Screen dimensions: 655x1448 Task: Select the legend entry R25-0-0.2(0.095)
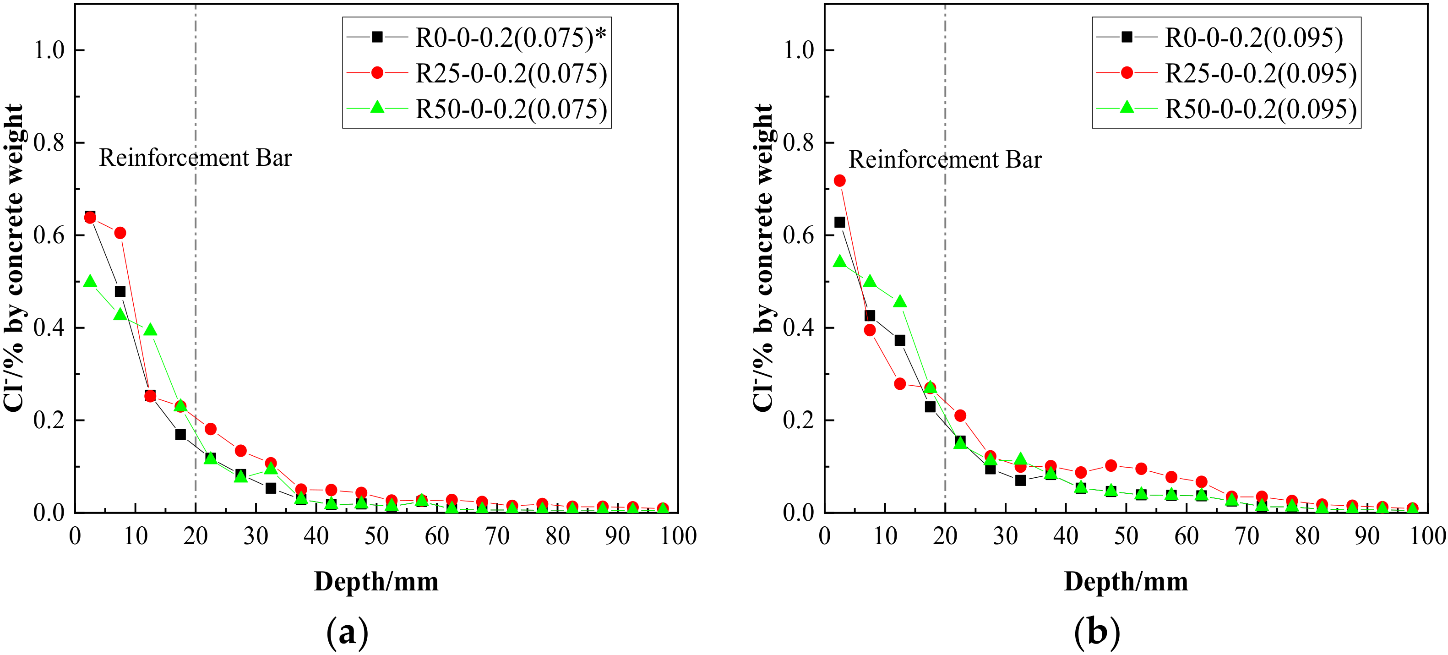point(1260,74)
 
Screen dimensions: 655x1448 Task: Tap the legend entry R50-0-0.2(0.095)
point(1260,109)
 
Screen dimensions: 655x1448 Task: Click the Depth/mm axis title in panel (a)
point(376,582)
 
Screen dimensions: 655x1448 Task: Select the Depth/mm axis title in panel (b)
point(1126,582)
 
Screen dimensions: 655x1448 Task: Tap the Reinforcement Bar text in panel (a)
point(195,158)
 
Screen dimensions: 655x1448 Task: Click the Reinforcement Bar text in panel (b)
point(945,160)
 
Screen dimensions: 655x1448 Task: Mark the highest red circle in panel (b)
point(840,180)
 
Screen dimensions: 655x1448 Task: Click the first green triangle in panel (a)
point(90,281)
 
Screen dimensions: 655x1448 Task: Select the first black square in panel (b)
point(840,222)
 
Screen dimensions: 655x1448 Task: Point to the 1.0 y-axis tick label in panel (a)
point(49,50)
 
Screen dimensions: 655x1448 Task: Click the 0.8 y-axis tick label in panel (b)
point(799,143)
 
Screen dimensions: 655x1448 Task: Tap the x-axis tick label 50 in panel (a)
point(376,536)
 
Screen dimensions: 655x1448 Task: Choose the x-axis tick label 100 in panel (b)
point(1427,536)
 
